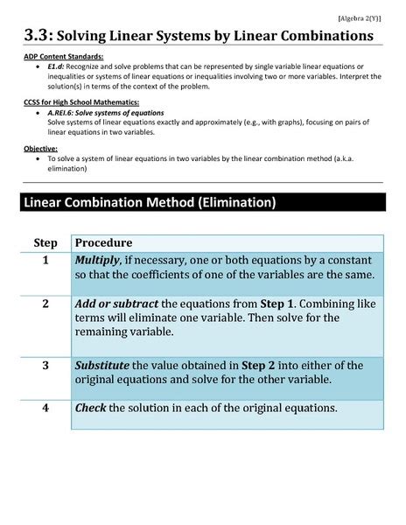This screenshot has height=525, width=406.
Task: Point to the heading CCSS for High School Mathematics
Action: point(76,102)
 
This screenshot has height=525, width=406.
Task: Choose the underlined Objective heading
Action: point(41,149)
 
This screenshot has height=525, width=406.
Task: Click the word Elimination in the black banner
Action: point(236,203)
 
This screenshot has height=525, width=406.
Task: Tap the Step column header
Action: point(45,242)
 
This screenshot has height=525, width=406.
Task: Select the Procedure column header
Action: point(104,242)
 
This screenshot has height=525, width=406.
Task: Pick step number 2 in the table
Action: point(45,303)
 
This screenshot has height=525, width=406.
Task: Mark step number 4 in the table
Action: point(45,408)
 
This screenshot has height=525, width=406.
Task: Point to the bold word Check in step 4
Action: point(91,408)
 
